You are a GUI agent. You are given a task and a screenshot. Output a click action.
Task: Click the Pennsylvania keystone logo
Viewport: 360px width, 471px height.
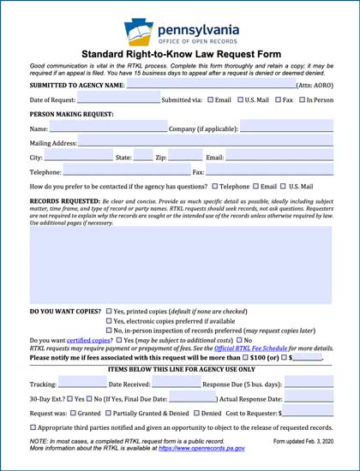(140, 32)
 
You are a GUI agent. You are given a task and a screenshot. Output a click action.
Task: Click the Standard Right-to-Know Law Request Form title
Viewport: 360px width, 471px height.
(180, 54)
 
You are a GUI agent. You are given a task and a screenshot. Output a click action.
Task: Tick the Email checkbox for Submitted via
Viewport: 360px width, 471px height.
(210, 100)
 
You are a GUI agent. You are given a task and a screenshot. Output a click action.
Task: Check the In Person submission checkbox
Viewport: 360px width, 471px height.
(300, 100)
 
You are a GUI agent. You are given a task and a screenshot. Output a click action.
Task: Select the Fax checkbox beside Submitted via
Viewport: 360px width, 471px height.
(279, 100)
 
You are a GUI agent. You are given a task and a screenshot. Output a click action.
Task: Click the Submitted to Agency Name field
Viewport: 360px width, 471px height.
(209, 86)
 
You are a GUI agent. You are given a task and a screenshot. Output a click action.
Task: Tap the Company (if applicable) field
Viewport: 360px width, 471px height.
(286, 128)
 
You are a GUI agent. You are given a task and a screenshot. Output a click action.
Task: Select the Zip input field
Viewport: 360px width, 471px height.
(185, 158)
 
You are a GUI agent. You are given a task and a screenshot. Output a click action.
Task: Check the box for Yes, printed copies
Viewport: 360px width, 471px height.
(109, 311)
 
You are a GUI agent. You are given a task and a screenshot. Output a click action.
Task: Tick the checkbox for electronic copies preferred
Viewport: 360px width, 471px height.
(109, 321)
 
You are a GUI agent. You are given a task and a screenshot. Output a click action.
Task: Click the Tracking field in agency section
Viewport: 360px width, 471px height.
(81, 384)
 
